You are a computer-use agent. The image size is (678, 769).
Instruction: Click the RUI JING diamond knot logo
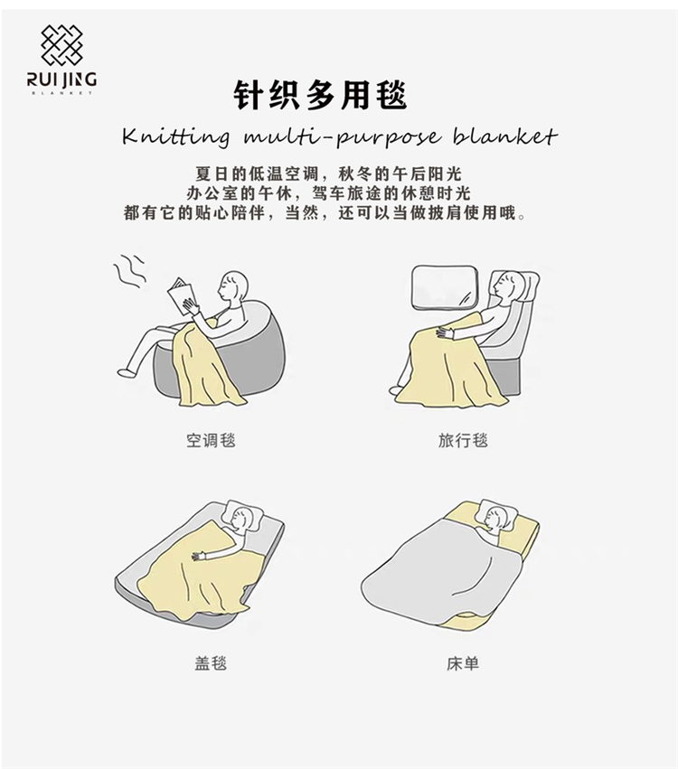pyautogui.click(x=61, y=45)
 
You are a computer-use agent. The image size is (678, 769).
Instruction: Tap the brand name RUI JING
pyautogui.click(x=61, y=80)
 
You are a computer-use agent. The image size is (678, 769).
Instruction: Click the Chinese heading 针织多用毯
pyautogui.click(x=320, y=95)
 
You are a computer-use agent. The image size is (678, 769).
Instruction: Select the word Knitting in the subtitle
pyautogui.click(x=175, y=136)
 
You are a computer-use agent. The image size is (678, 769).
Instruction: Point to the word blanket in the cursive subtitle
pyautogui.click(x=504, y=136)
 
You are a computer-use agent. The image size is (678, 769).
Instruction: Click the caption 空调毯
pyautogui.click(x=211, y=440)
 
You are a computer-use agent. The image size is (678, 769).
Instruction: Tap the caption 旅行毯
pyautogui.click(x=463, y=440)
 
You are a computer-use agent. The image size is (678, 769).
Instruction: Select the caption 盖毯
pyautogui.click(x=211, y=663)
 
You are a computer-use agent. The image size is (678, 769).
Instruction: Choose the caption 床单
pyautogui.click(x=463, y=663)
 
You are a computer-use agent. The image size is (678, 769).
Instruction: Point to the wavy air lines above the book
pyautogui.click(x=130, y=271)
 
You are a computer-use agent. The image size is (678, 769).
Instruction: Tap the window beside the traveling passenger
pyautogui.click(x=445, y=288)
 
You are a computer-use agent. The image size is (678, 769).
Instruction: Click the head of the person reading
pyautogui.click(x=235, y=287)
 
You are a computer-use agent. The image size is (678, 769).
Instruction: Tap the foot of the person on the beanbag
pyautogui.click(x=126, y=371)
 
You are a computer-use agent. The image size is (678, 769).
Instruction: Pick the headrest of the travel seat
pyautogui.click(x=527, y=288)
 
